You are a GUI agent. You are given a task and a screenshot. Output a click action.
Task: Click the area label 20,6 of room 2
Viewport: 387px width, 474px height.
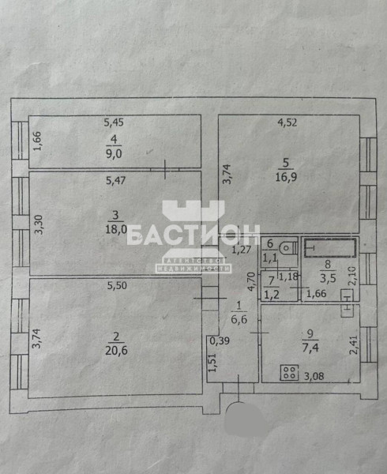(116, 350)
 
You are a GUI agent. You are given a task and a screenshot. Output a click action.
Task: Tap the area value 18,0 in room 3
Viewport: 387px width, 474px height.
(116, 229)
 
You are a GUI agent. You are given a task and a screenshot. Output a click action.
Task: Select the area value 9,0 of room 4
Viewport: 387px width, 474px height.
(114, 153)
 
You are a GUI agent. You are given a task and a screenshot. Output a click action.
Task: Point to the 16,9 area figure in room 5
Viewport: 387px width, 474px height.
(286, 176)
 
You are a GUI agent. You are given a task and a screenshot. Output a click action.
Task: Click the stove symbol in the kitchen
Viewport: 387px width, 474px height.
(289, 372)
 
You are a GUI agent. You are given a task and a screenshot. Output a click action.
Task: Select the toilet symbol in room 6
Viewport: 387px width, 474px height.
(288, 248)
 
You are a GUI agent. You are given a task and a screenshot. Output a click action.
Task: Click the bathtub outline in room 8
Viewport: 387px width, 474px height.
(330, 248)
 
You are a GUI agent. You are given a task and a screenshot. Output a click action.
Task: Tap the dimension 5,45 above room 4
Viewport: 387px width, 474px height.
(114, 122)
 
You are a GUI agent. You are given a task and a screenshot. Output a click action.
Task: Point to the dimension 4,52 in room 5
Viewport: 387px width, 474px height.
(287, 122)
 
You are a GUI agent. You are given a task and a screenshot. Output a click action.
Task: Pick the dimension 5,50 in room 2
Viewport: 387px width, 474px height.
(117, 286)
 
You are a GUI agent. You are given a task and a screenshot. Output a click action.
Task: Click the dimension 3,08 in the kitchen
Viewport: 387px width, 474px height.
(314, 376)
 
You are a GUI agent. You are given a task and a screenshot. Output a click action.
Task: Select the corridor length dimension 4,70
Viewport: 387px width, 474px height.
(251, 281)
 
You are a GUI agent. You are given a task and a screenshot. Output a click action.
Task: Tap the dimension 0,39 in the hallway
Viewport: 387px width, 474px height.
(220, 341)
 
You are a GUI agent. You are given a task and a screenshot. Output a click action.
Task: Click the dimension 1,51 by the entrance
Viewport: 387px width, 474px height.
(212, 363)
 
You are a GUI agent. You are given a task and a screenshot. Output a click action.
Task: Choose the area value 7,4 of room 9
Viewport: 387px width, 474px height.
(310, 348)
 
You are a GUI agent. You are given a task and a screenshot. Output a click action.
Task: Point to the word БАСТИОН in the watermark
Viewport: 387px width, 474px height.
(193, 235)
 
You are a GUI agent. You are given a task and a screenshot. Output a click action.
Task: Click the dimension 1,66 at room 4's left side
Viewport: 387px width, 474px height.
(37, 141)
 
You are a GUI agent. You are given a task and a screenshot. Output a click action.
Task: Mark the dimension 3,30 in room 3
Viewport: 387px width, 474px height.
(39, 224)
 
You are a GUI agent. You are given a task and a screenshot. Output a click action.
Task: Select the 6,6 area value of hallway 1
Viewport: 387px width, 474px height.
(239, 319)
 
